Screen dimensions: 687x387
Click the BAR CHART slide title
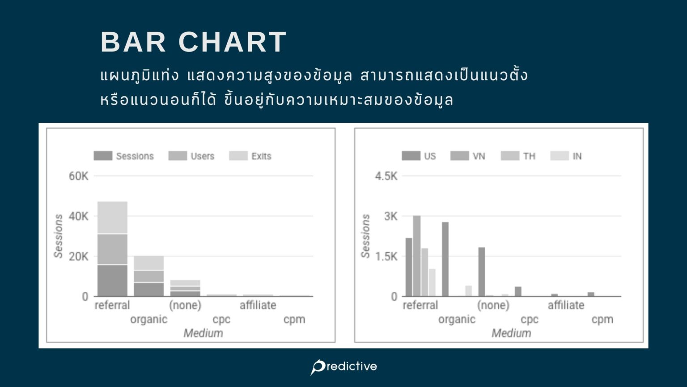pos(194,42)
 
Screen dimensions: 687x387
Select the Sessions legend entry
pos(123,156)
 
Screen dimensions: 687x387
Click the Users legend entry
pos(191,156)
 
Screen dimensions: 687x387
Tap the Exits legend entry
pos(250,156)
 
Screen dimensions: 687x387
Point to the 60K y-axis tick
pos(79,176)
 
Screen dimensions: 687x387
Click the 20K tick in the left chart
pos(79,257)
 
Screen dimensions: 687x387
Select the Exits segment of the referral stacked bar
pos(112,217)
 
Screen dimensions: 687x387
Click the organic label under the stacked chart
pos(149,319)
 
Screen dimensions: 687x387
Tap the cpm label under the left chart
pos(294,319)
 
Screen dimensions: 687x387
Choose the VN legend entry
pos(468,156)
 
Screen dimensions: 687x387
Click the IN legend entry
pos(566,156)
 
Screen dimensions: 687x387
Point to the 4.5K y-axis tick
pos(386,176)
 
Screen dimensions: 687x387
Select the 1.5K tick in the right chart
pos(386,257)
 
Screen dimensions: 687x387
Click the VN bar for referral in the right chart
pos(416,256)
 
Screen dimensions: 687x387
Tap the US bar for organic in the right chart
pos(445,259)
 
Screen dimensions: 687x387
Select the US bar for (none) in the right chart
pos(482,272)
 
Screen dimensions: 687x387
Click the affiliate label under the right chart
pos(566,305)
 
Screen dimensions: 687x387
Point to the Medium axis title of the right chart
pos(511,333)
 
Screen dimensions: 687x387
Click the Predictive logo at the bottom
pos(343,367)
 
